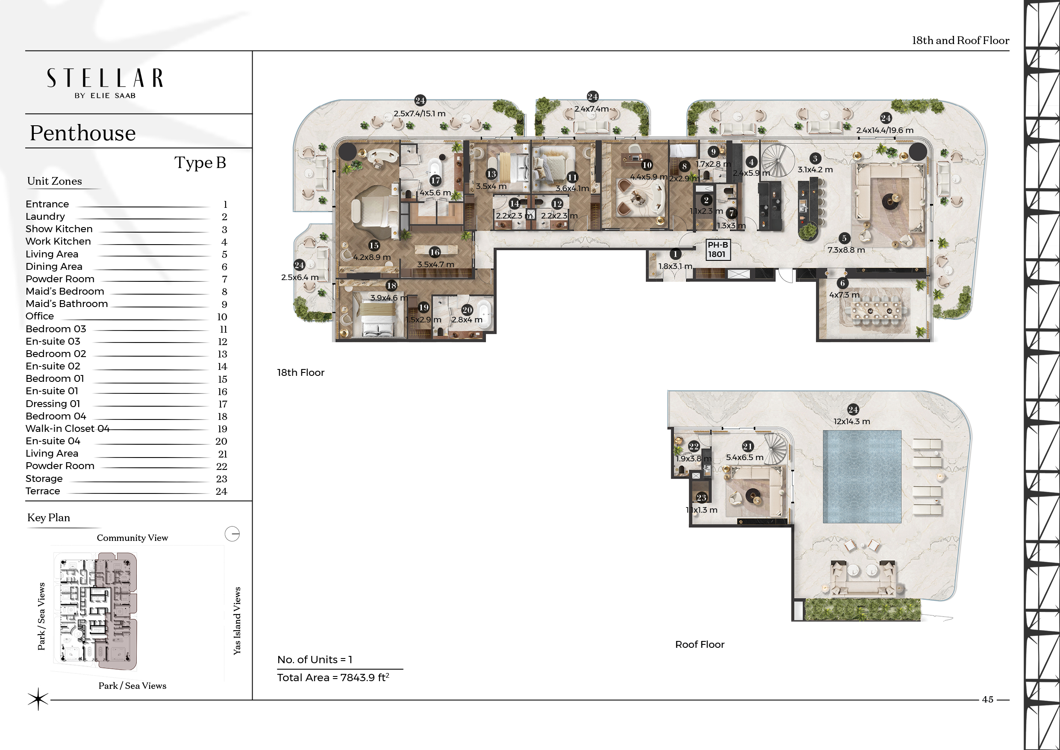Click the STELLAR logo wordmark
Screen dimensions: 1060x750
click(105, 79)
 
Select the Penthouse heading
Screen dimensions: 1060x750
click(82, 133)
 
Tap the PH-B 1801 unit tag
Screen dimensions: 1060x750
click(718, 250)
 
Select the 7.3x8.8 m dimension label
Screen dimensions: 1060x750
click(846, 250)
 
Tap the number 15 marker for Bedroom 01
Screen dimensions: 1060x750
click(374, 246)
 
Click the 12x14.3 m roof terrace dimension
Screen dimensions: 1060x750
click(852, 421)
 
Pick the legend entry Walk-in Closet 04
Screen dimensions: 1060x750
click(68, 428)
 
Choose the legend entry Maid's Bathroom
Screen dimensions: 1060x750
click(67, 304)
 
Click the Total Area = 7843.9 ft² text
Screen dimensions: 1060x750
click(333, 677)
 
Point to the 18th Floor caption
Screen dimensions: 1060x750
click(300, 373)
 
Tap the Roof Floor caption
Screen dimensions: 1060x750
click(699, 644)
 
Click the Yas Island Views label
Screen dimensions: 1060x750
click(237, 621)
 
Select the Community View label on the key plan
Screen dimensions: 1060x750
click(132, 537)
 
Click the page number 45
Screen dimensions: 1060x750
click(987, 699)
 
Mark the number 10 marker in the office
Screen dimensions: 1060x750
click(647, 165)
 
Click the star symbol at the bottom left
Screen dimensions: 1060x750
click(38, 699)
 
